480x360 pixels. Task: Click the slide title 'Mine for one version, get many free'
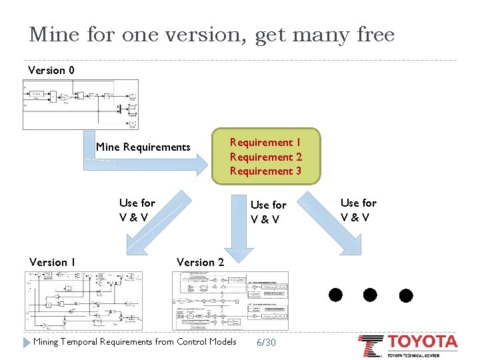(x=211, y=35)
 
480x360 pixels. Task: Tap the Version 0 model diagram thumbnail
(x=81, y=104)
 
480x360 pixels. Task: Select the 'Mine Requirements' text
(x=143, y=147)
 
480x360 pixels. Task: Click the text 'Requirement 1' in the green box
(x=265, y=142)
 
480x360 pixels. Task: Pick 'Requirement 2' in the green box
(x=265, y=157)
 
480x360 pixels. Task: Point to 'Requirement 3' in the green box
(x=265, y=171)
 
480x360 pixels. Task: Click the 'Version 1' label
(x=52, y=262)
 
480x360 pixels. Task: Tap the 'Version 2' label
(x=200, y=262)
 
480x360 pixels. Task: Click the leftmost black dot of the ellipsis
(x=335, y=294)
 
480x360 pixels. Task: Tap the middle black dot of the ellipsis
(x=371, y=294)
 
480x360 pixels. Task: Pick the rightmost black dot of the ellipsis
(x=405, y=294)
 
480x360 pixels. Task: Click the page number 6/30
(x=265, y=342)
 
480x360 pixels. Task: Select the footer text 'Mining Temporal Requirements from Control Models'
(x=135, y=342)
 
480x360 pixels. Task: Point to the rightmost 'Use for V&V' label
(x=358, y=209)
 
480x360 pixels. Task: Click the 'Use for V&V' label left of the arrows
(x=137, y=209)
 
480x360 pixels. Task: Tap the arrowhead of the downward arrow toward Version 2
(x=239, y=252)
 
